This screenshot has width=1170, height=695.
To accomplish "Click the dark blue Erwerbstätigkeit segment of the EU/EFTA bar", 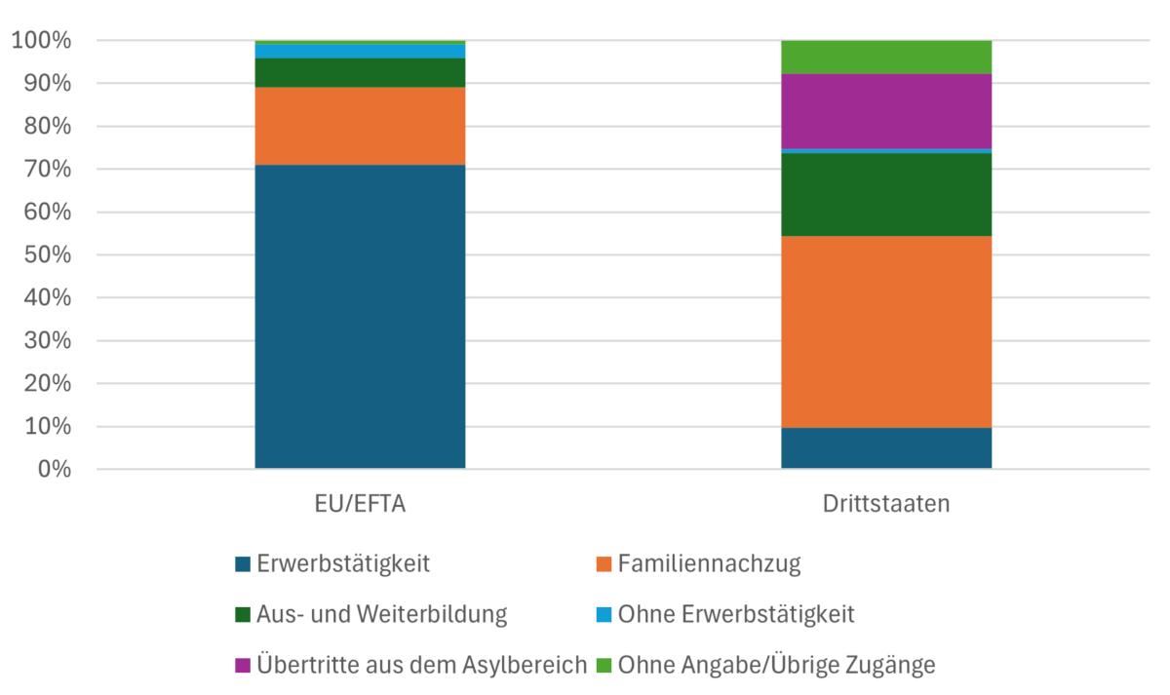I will pos(360,317).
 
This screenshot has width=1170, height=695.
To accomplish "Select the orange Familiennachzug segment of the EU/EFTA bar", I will pos(360,127).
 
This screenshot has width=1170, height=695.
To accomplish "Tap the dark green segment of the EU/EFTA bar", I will pos(360,73).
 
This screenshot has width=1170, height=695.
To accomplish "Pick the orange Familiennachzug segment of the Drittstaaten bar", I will pos(886,331).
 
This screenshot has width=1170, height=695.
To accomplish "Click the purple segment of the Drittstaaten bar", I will pos(886,111).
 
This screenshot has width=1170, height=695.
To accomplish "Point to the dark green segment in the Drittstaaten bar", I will pos(886,195).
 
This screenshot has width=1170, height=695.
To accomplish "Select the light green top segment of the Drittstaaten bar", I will pos(886,58).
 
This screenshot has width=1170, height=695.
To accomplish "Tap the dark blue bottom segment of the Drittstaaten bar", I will pos(886,448).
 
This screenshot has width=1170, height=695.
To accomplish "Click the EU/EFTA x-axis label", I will pos(360,506).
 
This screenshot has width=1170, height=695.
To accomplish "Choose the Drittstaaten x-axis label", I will pos(886,506).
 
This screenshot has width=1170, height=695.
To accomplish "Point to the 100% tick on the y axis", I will pos(41,41).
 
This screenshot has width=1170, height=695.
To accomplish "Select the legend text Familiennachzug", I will pos(709,563).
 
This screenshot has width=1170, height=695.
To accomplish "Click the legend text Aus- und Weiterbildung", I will pos(381,615).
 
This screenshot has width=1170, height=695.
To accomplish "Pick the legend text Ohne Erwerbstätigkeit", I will pos(735,615).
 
